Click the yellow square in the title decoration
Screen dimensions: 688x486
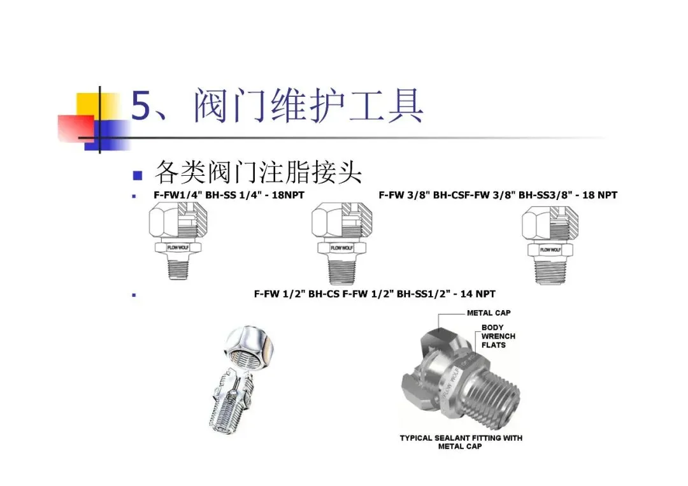[x=93, y=106]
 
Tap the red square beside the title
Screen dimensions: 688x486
[x=76, y=128]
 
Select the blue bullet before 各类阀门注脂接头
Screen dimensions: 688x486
[x=138, y=175]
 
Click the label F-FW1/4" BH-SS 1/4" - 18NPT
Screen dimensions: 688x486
[x=229, y=195]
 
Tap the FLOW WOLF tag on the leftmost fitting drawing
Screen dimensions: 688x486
[x=178, y=247]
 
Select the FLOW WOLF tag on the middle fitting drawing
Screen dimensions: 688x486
[x=342, y=248]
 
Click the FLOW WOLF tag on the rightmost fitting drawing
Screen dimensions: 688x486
[x=550, y=250]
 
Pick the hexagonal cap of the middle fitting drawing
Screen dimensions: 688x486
[x=342, y=222]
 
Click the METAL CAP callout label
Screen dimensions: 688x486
[x=489, y=313]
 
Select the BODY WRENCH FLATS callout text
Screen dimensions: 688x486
[x=498, y=336]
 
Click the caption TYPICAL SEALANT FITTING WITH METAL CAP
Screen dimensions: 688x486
[x=461, y=442]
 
